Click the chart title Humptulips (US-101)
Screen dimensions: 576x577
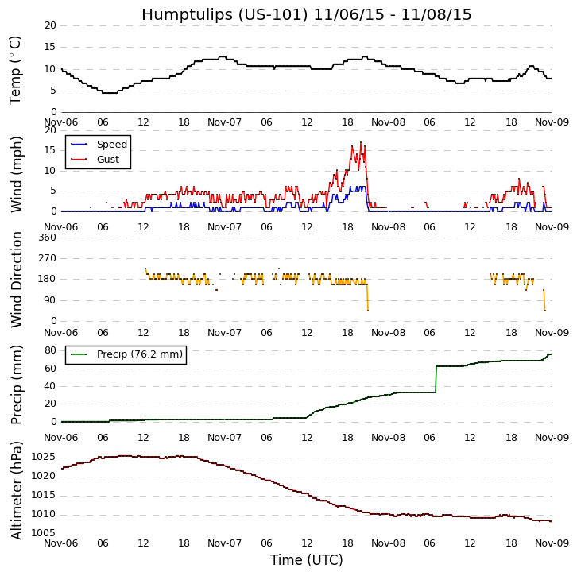306,14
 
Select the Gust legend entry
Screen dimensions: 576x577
107,160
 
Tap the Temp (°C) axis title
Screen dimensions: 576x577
16,69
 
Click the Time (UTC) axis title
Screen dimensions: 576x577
306,560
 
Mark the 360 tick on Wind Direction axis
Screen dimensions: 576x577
47,238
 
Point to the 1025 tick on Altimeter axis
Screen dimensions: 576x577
44,457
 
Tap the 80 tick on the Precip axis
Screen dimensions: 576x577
50,350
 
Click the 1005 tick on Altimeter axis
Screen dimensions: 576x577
44,533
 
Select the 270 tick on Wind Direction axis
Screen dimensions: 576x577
47,258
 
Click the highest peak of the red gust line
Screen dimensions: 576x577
360,142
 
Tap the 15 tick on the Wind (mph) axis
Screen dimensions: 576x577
50,149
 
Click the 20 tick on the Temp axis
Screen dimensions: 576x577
50,25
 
